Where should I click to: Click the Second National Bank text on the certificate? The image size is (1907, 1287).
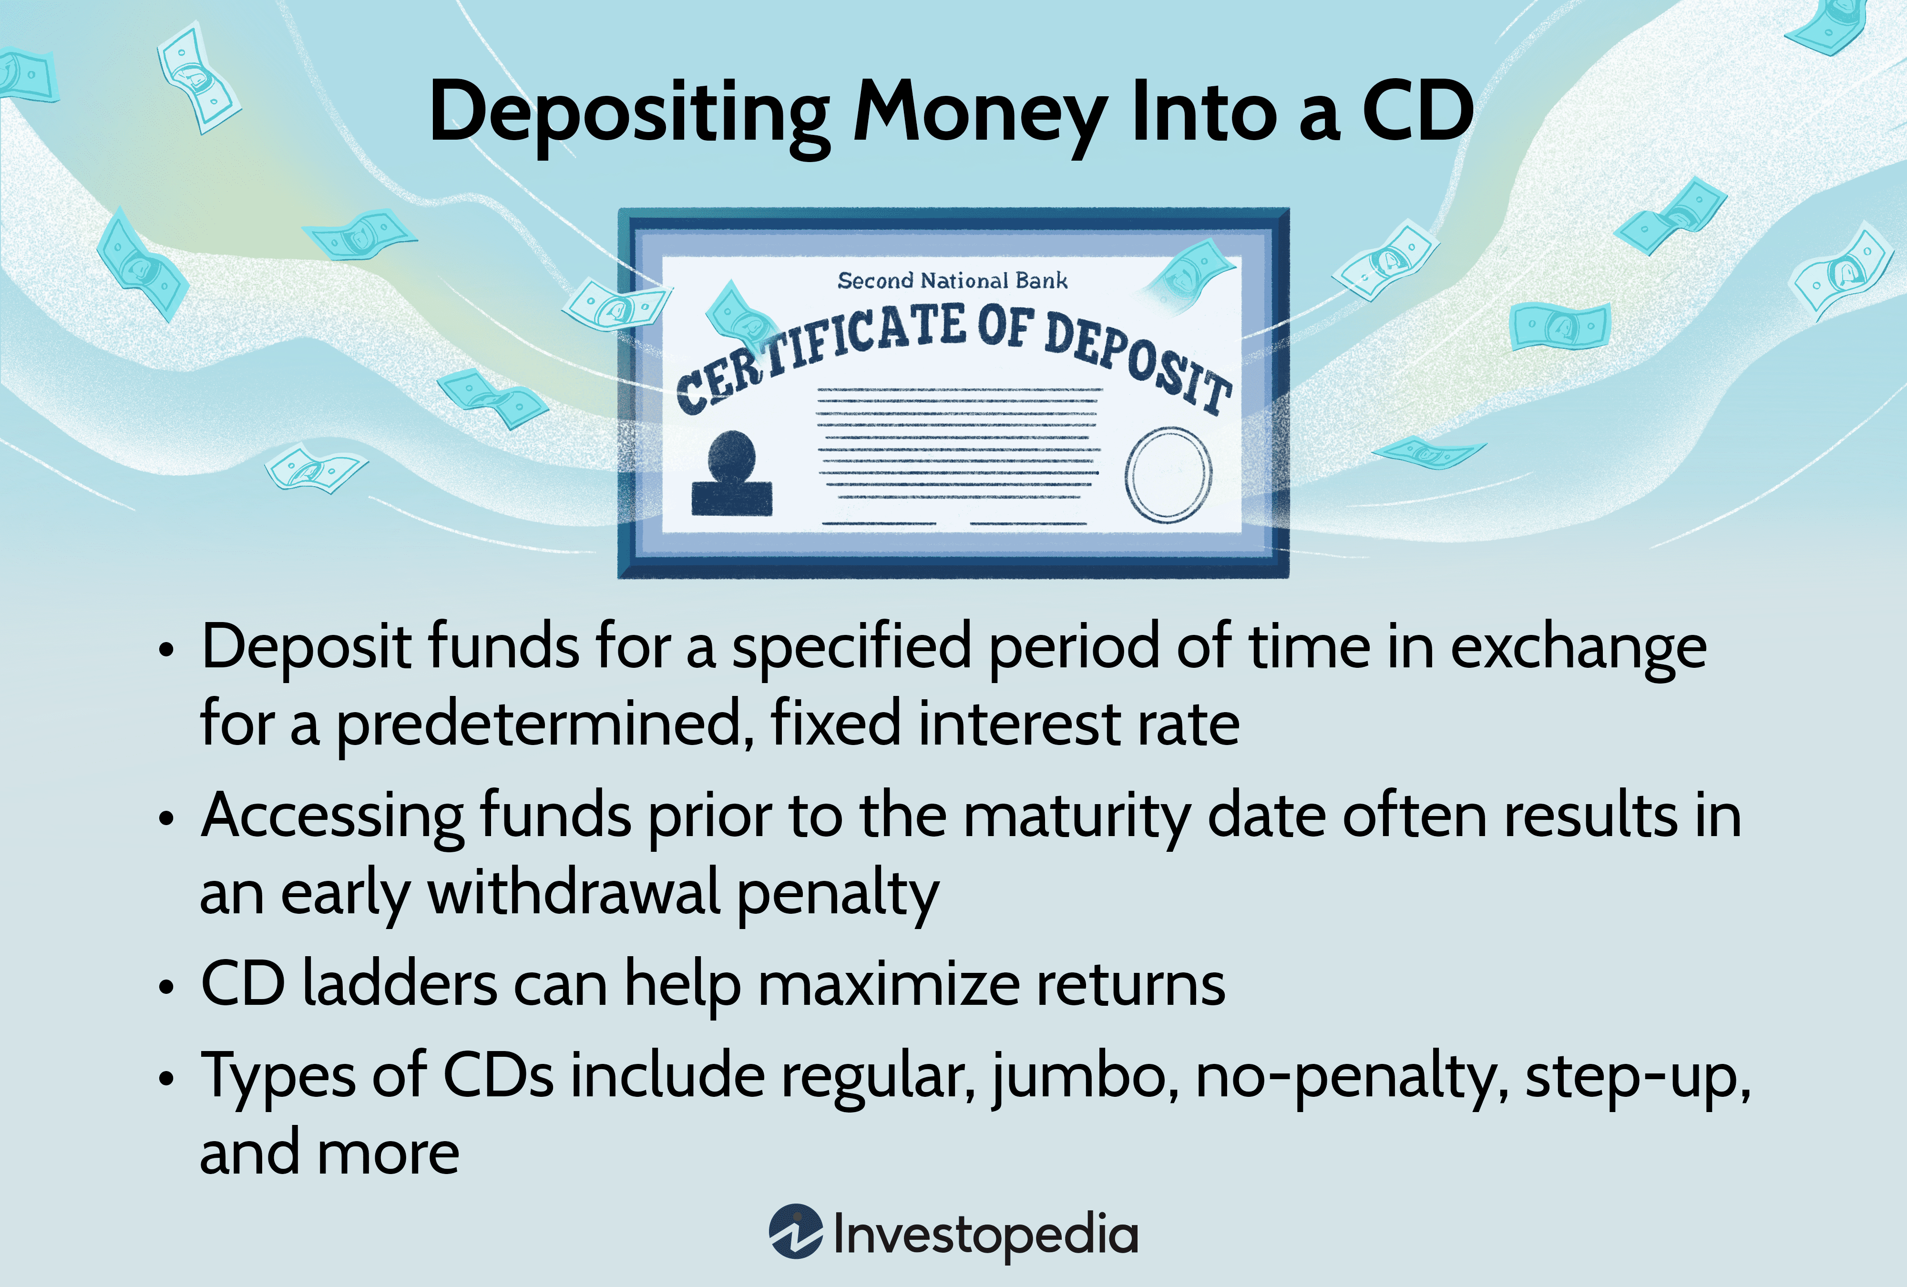click(952, 281)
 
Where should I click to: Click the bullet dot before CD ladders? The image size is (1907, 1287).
click(166, 988)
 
